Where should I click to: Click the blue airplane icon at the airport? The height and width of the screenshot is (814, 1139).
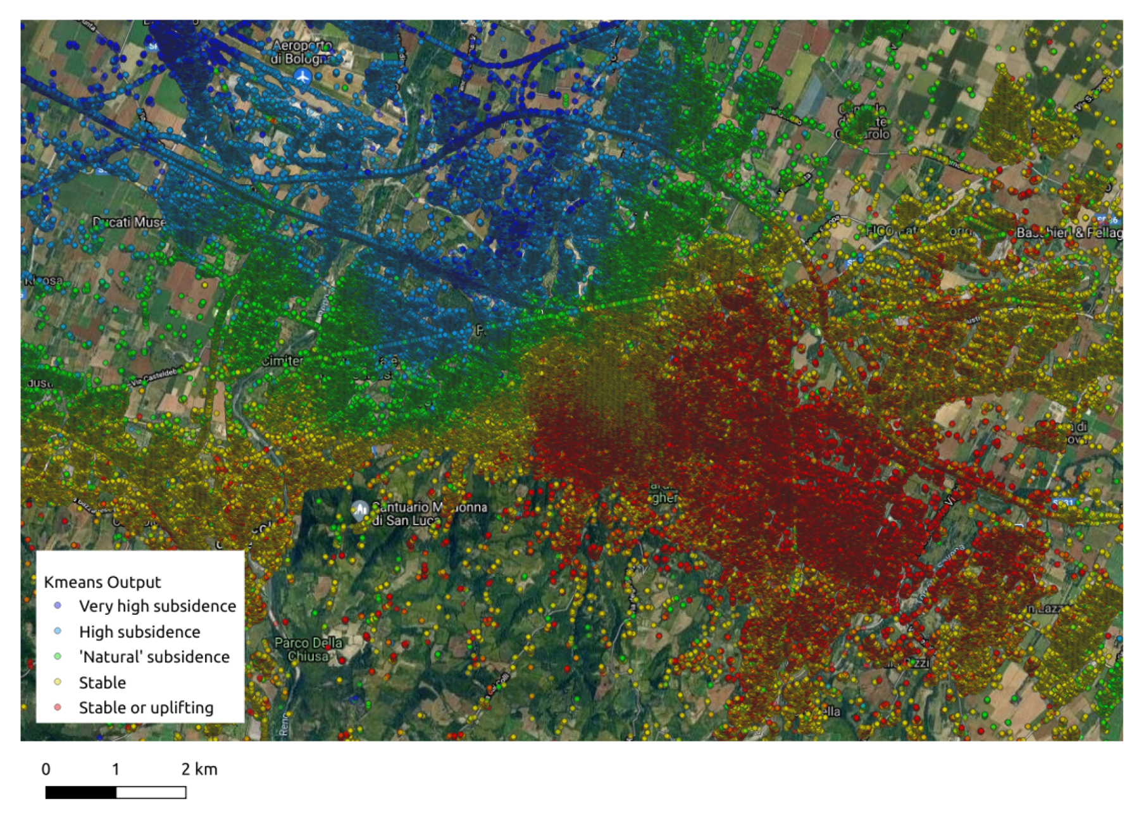click(303, 77)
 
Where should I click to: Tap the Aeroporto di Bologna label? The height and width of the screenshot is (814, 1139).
click(302, 52)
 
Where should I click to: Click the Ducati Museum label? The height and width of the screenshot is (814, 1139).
click(129, 222)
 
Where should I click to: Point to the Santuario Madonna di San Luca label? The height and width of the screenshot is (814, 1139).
click(428, 514)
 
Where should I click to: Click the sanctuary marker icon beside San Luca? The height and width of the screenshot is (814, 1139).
click(360, 509)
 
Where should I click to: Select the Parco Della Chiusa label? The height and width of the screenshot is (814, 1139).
click(308, 649)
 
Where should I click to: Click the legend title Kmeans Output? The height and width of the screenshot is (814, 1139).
click(102, 582)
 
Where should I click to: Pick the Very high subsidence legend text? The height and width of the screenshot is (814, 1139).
click(157, 606)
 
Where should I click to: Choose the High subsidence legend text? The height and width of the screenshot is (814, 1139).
click(139, 631)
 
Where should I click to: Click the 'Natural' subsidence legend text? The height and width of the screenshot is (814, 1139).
click(154, 657)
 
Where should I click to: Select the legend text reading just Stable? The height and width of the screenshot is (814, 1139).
click(102, 682)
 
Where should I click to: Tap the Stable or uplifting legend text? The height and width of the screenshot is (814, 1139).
click(146, 708)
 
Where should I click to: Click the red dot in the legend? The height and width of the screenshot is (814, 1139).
click(58, 707)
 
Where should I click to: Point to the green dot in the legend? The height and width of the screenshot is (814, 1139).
click(58, 657)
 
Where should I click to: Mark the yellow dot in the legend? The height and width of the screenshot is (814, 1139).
click(58, 682)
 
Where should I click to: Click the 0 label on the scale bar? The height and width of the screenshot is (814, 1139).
click(46, 769)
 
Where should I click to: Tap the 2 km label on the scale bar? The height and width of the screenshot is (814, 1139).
click(199, 769)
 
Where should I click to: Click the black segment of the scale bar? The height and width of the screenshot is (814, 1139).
click(81, 792)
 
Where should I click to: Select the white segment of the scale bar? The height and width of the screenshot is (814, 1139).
click(151, 792)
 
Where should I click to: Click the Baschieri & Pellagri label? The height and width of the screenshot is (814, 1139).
click(1068, 233)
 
